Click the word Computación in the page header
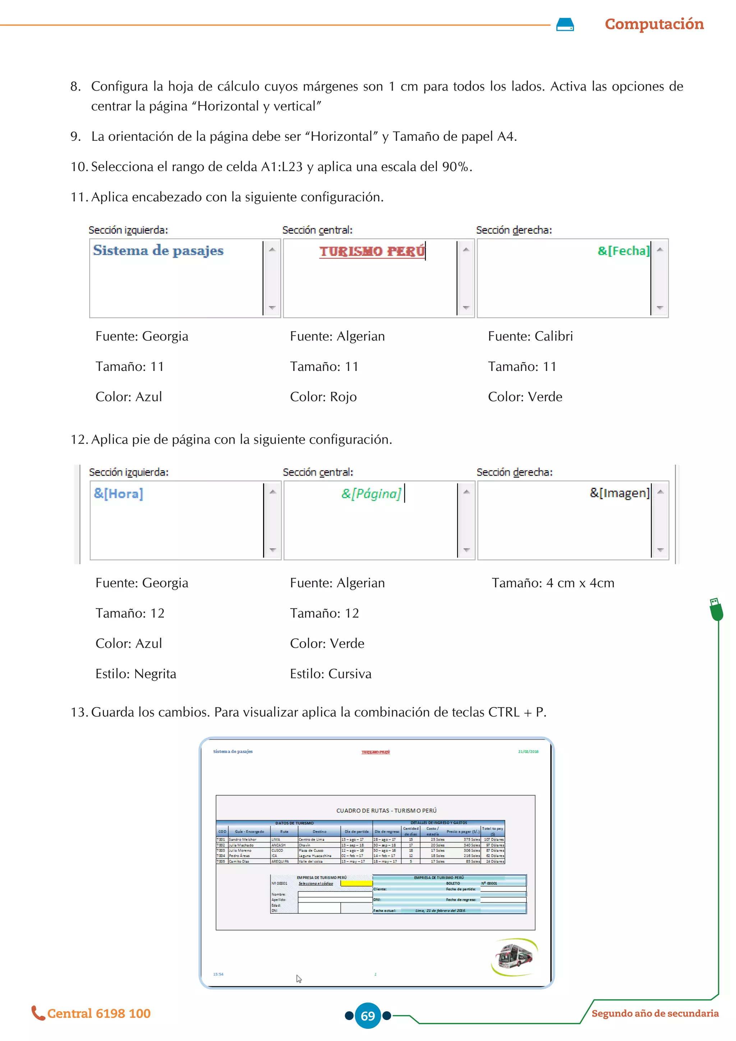tap(654, 24)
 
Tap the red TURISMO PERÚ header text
tap(372, 251)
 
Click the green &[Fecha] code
tap(623, 251)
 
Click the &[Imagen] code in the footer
tap(619, 493)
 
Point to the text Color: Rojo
tap(323, 397)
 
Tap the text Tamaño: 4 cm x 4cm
tap(553, 583)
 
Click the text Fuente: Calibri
tap(530, 336)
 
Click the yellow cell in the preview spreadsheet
tap(356, 883)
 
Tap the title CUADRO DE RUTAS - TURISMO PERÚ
tap(386, 810)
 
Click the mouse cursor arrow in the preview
tap(299, 979)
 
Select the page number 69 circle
tap(368, 1015)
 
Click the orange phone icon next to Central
tap(38, 1013)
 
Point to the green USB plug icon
tap(716, 609)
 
